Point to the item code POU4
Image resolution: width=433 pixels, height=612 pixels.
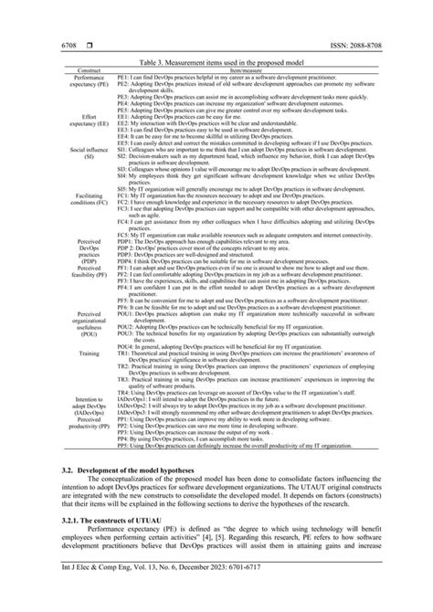(x=126, y=348)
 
